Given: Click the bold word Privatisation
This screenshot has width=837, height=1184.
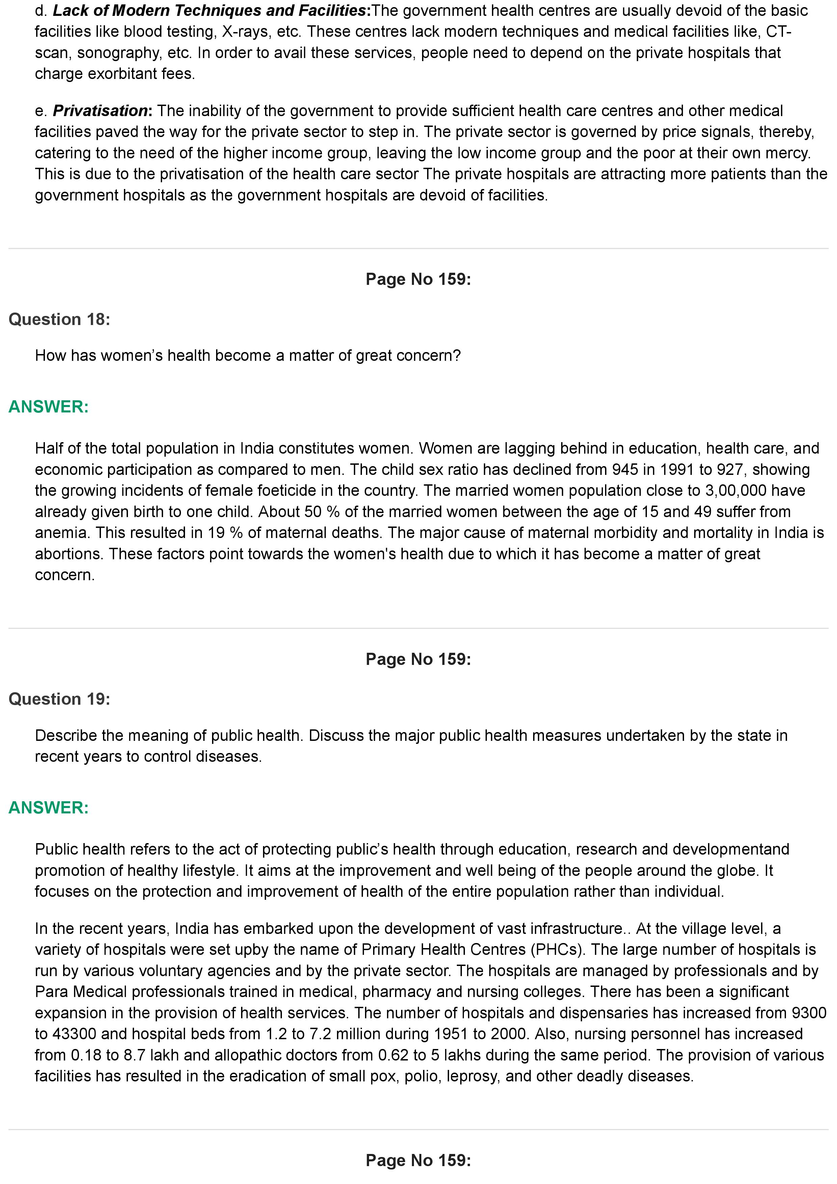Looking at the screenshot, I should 101,111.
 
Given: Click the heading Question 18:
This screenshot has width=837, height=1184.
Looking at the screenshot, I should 59,319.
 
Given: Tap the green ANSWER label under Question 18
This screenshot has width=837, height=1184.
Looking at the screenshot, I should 49,406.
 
